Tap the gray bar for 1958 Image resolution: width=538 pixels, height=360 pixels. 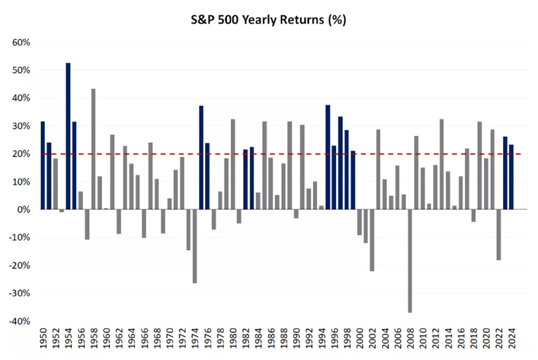click(x=93, y=149)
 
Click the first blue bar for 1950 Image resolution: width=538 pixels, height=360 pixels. click(x=42, y=165)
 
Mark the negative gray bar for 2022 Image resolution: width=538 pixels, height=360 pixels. click(x=499, y=235)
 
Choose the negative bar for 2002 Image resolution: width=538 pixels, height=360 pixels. click(x=372, y=240)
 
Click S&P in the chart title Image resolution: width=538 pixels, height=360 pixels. click(x=201, y=20)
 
